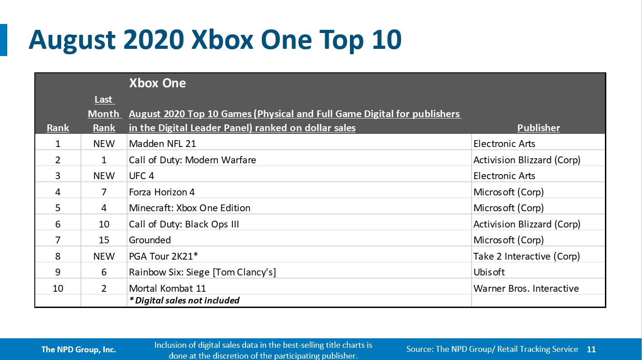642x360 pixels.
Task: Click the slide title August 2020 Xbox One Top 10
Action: click(x=215, y=40)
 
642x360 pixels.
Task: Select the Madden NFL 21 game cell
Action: click(x=162, y=144)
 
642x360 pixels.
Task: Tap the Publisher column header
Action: click(x=538, y=128)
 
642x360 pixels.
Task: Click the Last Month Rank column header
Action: click(x=104, y=114)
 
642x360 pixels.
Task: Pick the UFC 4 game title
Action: click(x=142, y=176)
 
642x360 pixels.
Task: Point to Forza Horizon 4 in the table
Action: click(x=162, y=192)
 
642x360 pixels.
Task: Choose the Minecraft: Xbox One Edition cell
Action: click(x=189, y=208)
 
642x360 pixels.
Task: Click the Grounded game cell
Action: click(x=150, y=240)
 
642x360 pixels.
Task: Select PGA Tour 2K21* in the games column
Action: click(x=164, y=256)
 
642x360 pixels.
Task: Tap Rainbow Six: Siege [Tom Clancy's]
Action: click(x=202, y=272)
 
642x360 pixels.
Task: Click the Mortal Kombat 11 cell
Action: click(x=167, y=288)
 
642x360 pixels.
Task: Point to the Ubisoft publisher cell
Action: click(x=489, y=272)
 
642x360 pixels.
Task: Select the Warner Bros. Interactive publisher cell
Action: click(x=526, y=288)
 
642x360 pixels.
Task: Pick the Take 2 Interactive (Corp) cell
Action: click(x=526, y=256)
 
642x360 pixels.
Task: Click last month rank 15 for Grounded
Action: click(x=104, y=240)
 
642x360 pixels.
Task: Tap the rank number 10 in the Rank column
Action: click(x=58, y=288)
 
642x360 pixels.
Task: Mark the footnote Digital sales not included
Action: click(x=184, y=300)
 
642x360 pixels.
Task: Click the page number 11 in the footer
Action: click(x=591, y=349)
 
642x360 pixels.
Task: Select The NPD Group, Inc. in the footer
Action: click(x=79, y=349)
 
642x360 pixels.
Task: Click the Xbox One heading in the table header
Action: click(x=157, y=83)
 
